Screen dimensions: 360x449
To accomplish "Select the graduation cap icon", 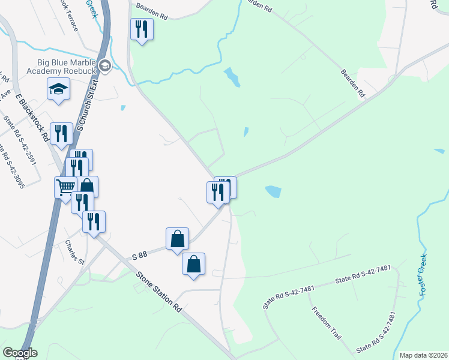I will (x=58, y=89).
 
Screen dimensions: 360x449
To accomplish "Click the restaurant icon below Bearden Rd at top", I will (x=142, y=28).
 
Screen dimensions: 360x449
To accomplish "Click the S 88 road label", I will (x=139, y=256).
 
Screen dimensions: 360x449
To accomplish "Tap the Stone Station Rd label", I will (x=159, y=292).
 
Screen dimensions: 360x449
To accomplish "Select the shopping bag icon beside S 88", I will (x=178, y=239).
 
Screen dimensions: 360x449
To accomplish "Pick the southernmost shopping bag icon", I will (x=194, y=264).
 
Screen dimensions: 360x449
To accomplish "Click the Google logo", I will (x=20, y=353).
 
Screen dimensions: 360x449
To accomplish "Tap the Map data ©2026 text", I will (x=423, y=355).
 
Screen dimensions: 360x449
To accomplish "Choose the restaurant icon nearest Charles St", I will (x=94, y=221).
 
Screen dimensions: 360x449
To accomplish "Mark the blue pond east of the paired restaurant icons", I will (x=273, y=191).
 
